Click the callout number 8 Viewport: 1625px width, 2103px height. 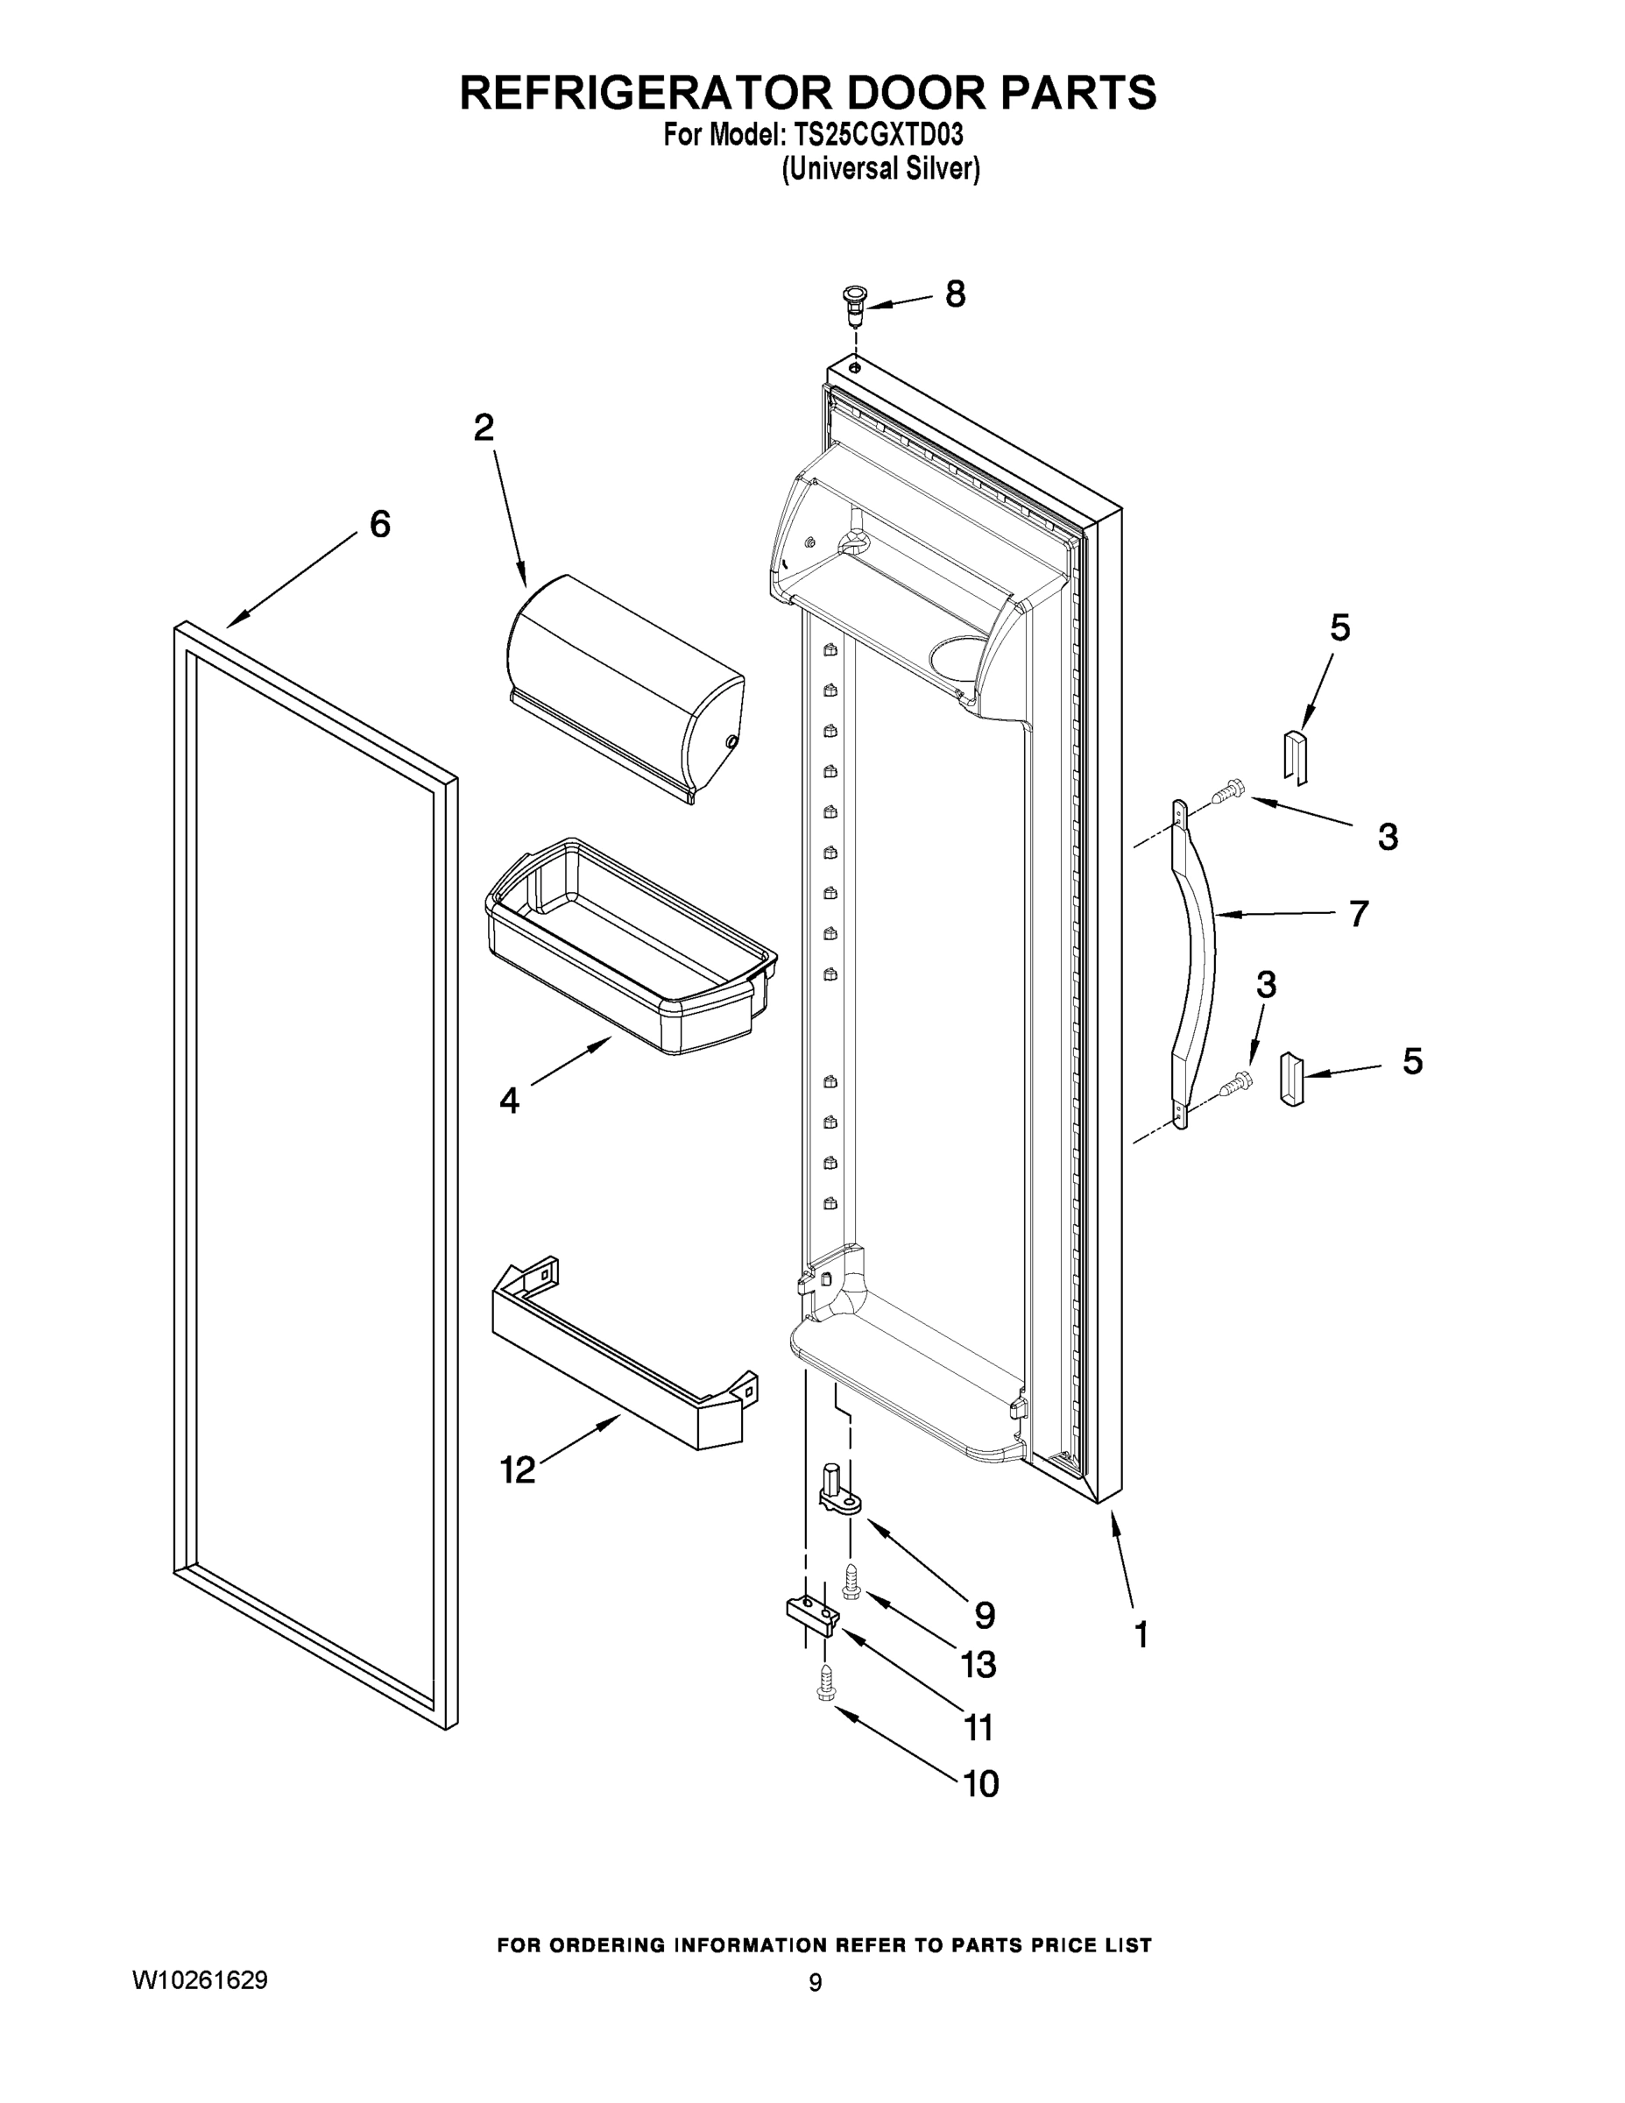pyautogui.click(x=954, y=294)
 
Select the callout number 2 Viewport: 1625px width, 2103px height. pyautogui.click(x=484, y=428)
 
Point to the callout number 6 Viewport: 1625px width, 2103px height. pyautogui.click(x=380, y=525)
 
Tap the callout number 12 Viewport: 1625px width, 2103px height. pyautogui.click(x=517, y=1469)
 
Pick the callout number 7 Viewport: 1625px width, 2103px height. pyautogui.click(x=1357, y=913)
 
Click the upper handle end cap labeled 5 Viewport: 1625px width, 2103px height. pyautogui.click(x=1296, y=755)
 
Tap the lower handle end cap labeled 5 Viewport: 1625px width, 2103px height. pyautogui.click(x=1291, y=1080)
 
